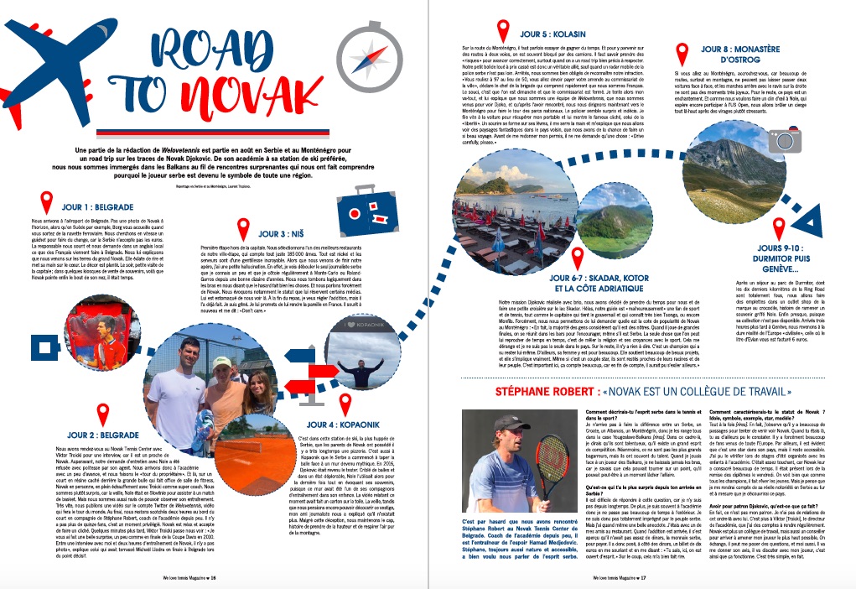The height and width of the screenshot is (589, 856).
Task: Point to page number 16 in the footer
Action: (213, 578)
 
